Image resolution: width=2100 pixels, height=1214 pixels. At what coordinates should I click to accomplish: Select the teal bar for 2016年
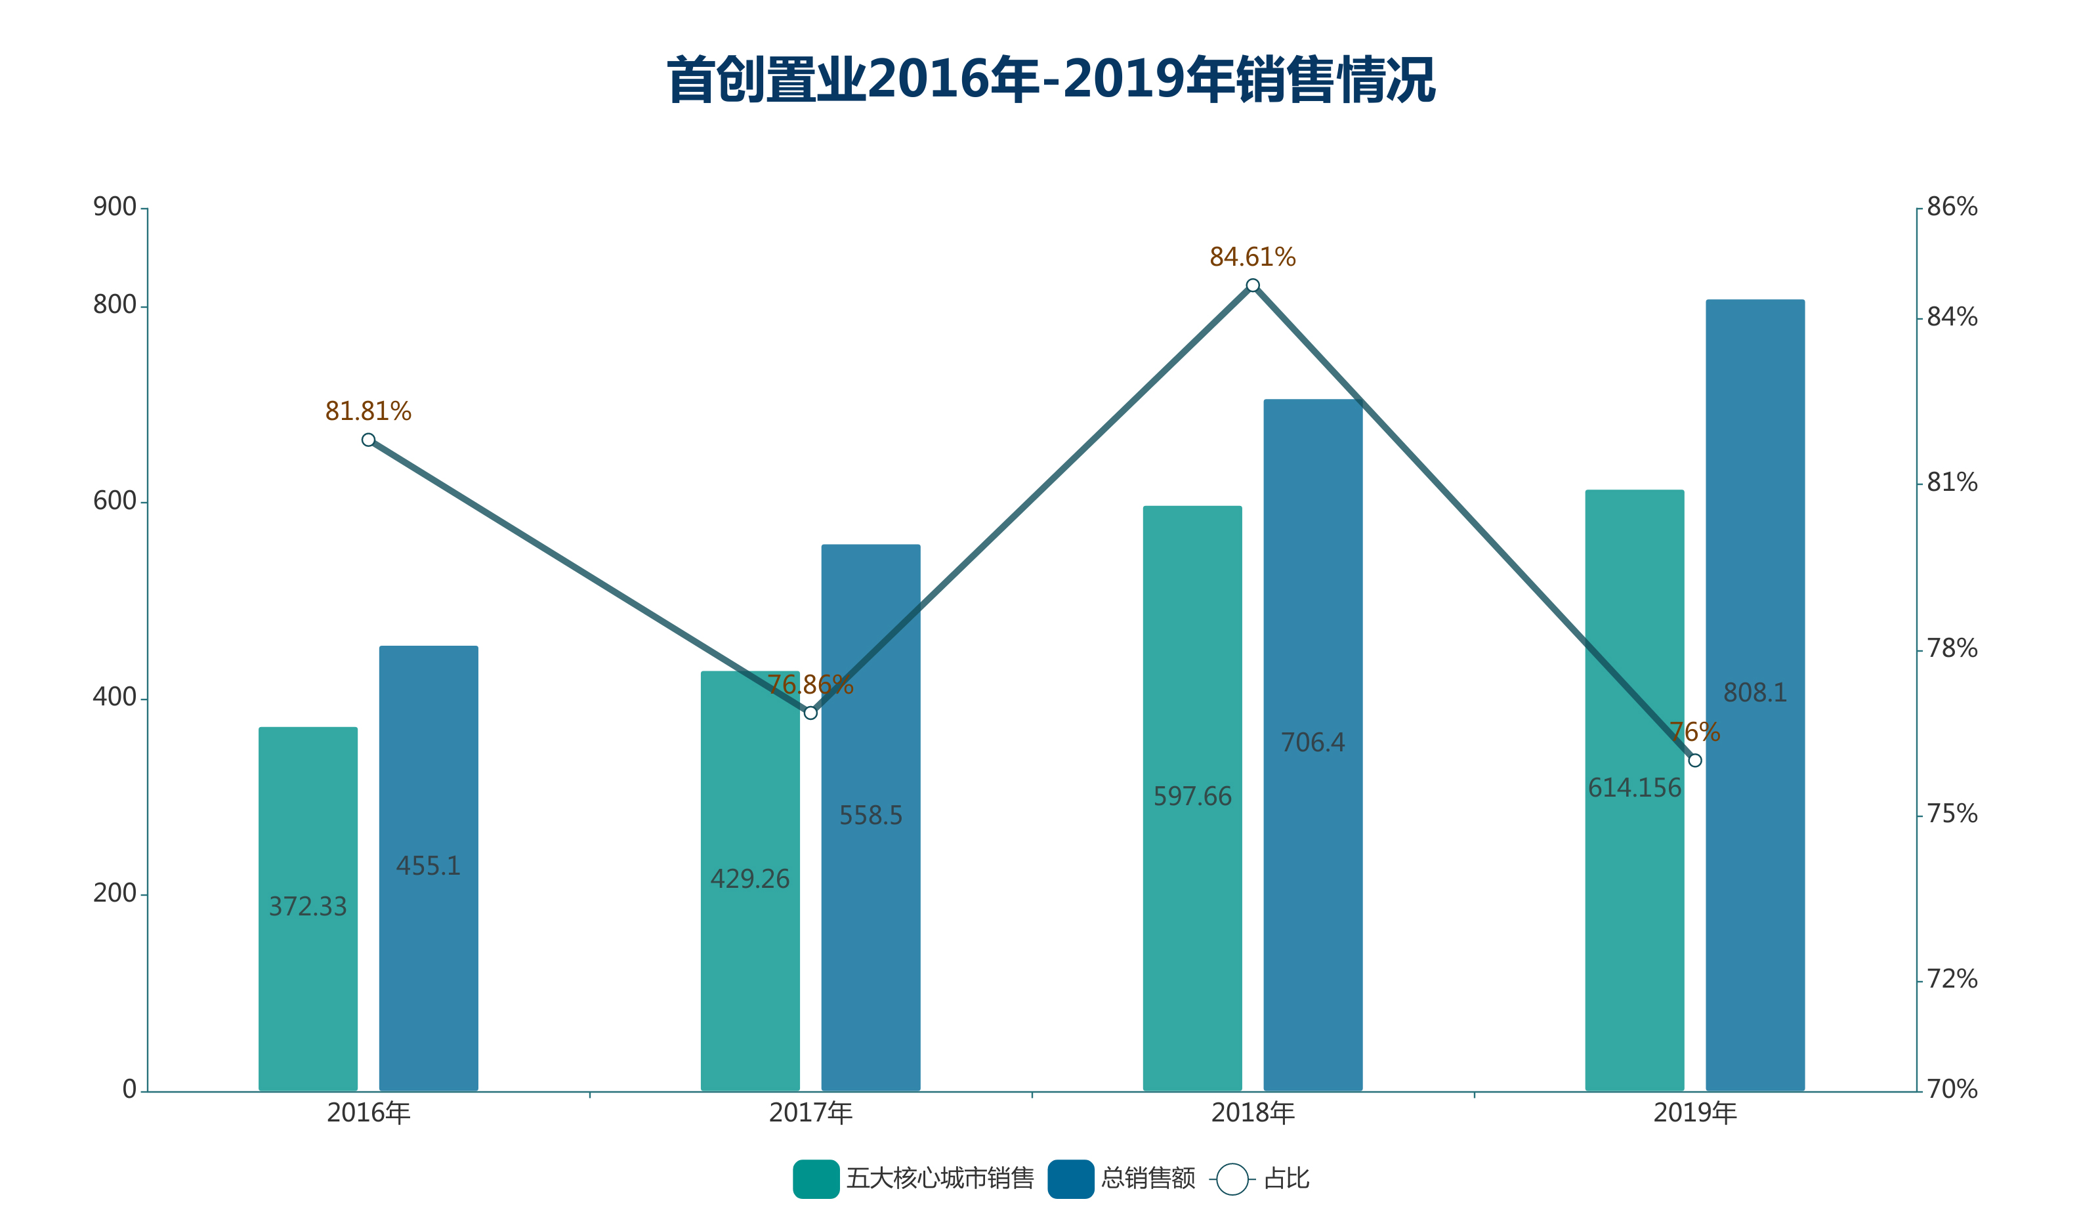point(308,908)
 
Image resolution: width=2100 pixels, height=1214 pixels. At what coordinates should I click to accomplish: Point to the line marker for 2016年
point(368,440)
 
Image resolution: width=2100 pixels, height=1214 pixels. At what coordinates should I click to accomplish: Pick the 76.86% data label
point(810,685)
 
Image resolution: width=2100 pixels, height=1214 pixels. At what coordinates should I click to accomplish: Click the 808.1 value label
point(1754,692)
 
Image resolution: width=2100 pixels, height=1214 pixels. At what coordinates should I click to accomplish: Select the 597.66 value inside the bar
point(1192,797)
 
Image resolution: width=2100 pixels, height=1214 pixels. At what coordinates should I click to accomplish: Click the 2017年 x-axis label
point(810,1113)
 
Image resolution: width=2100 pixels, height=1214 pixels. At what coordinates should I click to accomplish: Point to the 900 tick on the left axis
point(115,207)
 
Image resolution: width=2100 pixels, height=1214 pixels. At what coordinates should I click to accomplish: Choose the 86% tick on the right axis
point(1952,207)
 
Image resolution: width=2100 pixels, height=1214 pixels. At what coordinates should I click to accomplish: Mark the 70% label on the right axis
point(1952,1089)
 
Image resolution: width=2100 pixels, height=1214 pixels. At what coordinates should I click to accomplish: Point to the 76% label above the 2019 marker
point(1694,732)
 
